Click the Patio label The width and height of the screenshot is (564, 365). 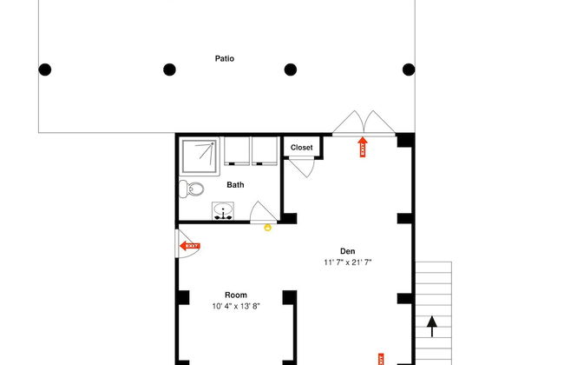coord(225,58)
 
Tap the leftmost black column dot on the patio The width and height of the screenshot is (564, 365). coord(44,70)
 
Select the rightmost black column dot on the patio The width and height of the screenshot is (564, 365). coord(409,70)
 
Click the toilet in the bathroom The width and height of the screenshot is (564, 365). coord(192,189)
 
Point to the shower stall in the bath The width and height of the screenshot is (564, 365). coord(200,156)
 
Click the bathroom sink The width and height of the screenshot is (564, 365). coord(223,211)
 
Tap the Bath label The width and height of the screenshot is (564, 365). coord(235,185)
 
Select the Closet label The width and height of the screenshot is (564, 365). coord(301,148)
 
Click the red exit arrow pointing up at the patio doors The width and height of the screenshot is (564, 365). coord(362,147)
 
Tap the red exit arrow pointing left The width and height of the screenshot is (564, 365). coord(190,246)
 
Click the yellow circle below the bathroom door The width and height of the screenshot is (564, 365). coord(267,228)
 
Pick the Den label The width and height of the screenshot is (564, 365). coord(347,251)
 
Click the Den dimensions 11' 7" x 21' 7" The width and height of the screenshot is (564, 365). coord(347,262)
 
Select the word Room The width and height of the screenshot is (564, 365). coord(236,295)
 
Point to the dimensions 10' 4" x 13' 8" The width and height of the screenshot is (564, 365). coord(236,306)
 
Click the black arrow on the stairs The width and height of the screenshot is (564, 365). coord(432,327)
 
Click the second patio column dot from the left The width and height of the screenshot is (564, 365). coord(169,70)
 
